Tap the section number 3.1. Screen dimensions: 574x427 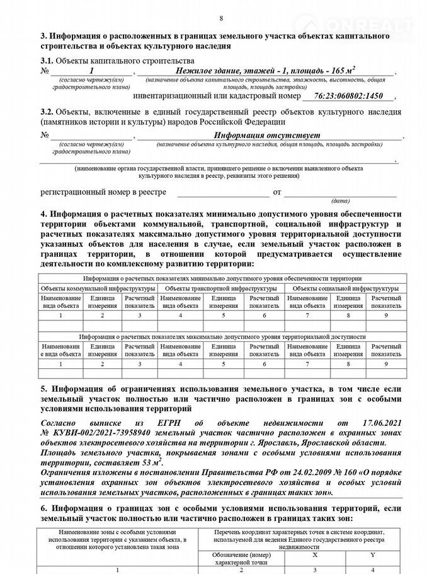coord(48,60)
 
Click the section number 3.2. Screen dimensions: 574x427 coord(48,111)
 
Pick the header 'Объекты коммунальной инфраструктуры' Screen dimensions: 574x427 coord(98,288)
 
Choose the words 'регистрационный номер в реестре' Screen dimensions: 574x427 coord(103,191)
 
